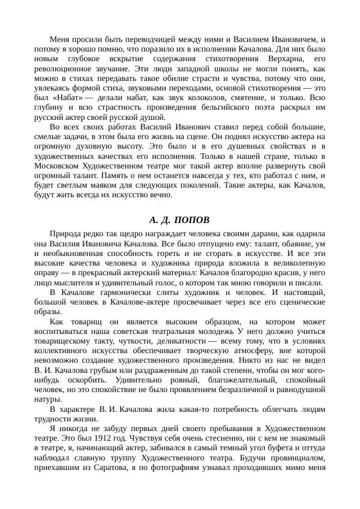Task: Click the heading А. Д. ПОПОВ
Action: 179,219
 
